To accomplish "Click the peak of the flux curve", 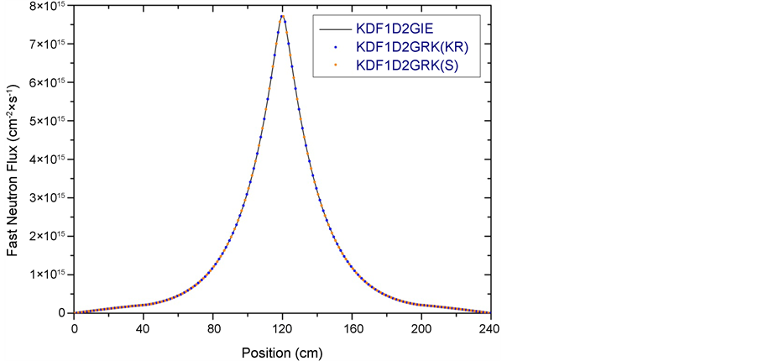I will (x=283, y=15).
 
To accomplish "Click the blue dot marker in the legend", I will (x=336, y=46).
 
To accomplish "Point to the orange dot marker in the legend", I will (x=336, y=65).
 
